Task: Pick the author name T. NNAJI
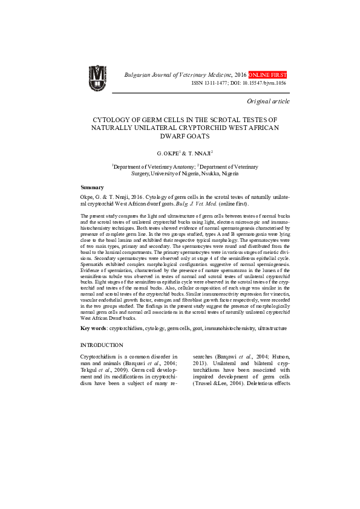coord(198,154)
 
